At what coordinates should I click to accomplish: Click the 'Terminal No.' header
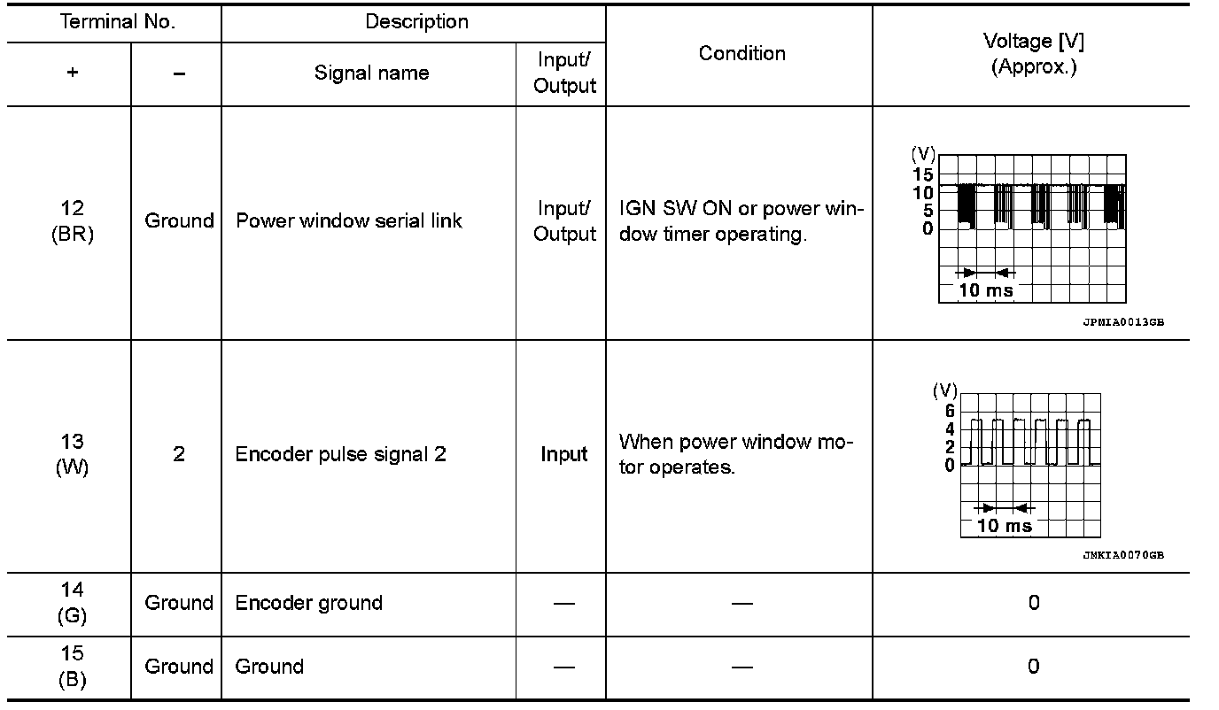(117, 22)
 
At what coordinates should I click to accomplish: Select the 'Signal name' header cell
(371, 73)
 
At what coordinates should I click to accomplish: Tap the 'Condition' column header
(741, 54)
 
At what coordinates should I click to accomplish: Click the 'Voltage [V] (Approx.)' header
(1033, 54)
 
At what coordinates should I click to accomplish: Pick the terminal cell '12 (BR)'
(73, 220)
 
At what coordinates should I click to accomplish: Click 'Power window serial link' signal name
(348, 220)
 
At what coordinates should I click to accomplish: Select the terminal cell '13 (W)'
(73, 454)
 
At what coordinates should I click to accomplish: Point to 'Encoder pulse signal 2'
(340, 454)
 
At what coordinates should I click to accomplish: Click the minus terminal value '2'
(178, 454)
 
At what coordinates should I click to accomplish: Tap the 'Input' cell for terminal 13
(564, 454)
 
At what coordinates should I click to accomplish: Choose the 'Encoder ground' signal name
(308, 603)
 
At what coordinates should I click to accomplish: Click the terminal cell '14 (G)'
(73, 603)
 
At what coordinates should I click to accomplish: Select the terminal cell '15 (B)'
(73, 666)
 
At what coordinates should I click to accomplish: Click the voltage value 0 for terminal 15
(1033, 666)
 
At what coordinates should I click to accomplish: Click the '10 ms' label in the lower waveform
(1005, 525)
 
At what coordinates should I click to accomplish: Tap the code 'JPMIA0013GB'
(1122, 322)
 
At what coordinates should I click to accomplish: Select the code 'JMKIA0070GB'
(1122, 556)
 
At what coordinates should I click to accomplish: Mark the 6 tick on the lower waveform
(950, 411)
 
